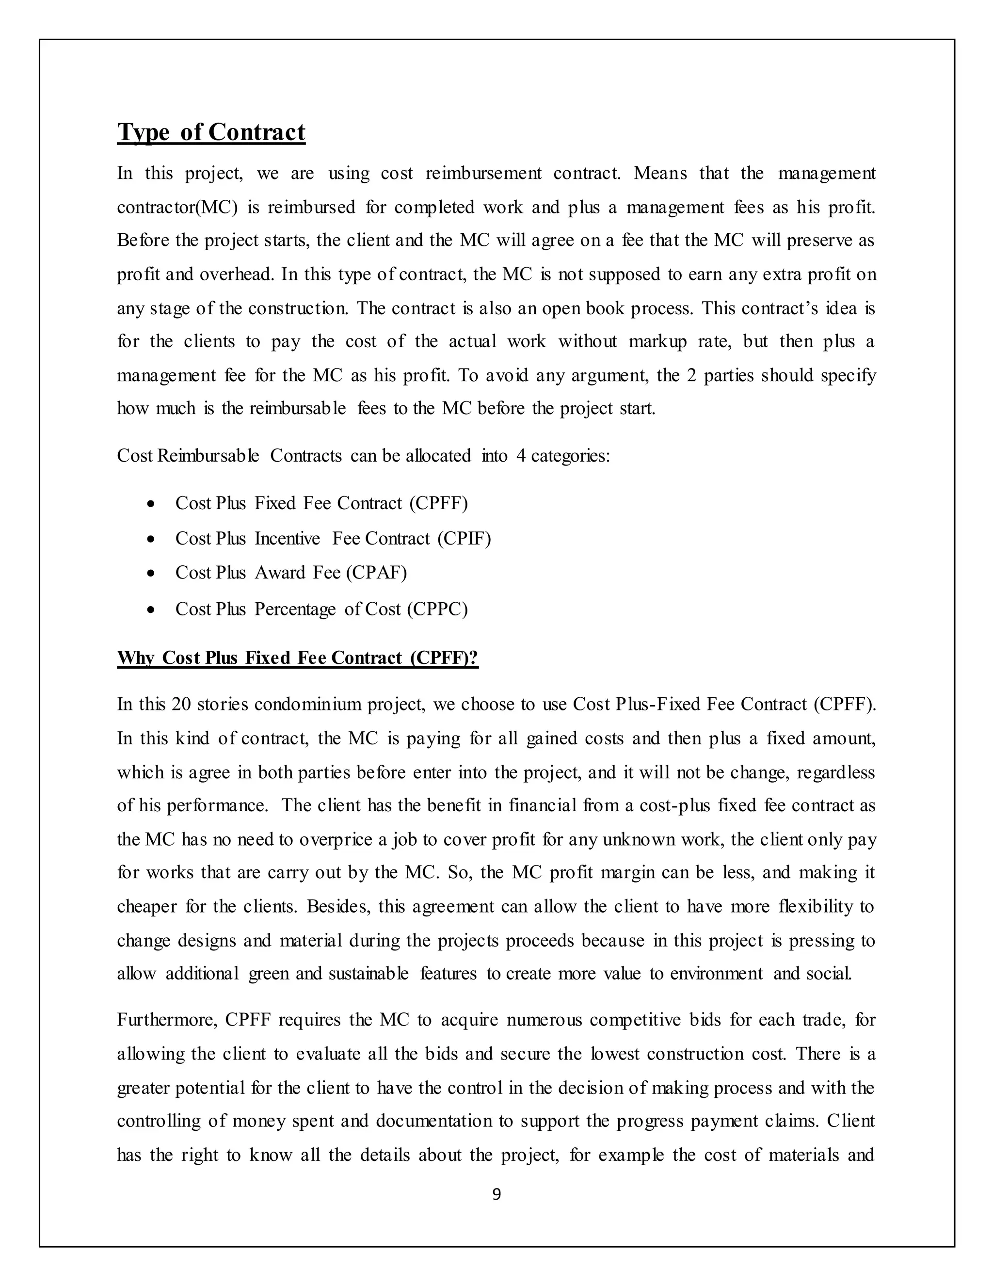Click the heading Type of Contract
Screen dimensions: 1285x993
211,132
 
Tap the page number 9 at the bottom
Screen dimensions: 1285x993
496,1194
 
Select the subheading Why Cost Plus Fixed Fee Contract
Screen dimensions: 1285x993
298,658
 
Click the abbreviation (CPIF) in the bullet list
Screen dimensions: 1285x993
464,538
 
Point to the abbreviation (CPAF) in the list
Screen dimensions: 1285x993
376,573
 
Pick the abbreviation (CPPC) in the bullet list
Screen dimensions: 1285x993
437,609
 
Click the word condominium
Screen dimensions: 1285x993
308,704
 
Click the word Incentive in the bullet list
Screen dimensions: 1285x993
287,538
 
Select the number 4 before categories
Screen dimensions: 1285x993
521,456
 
